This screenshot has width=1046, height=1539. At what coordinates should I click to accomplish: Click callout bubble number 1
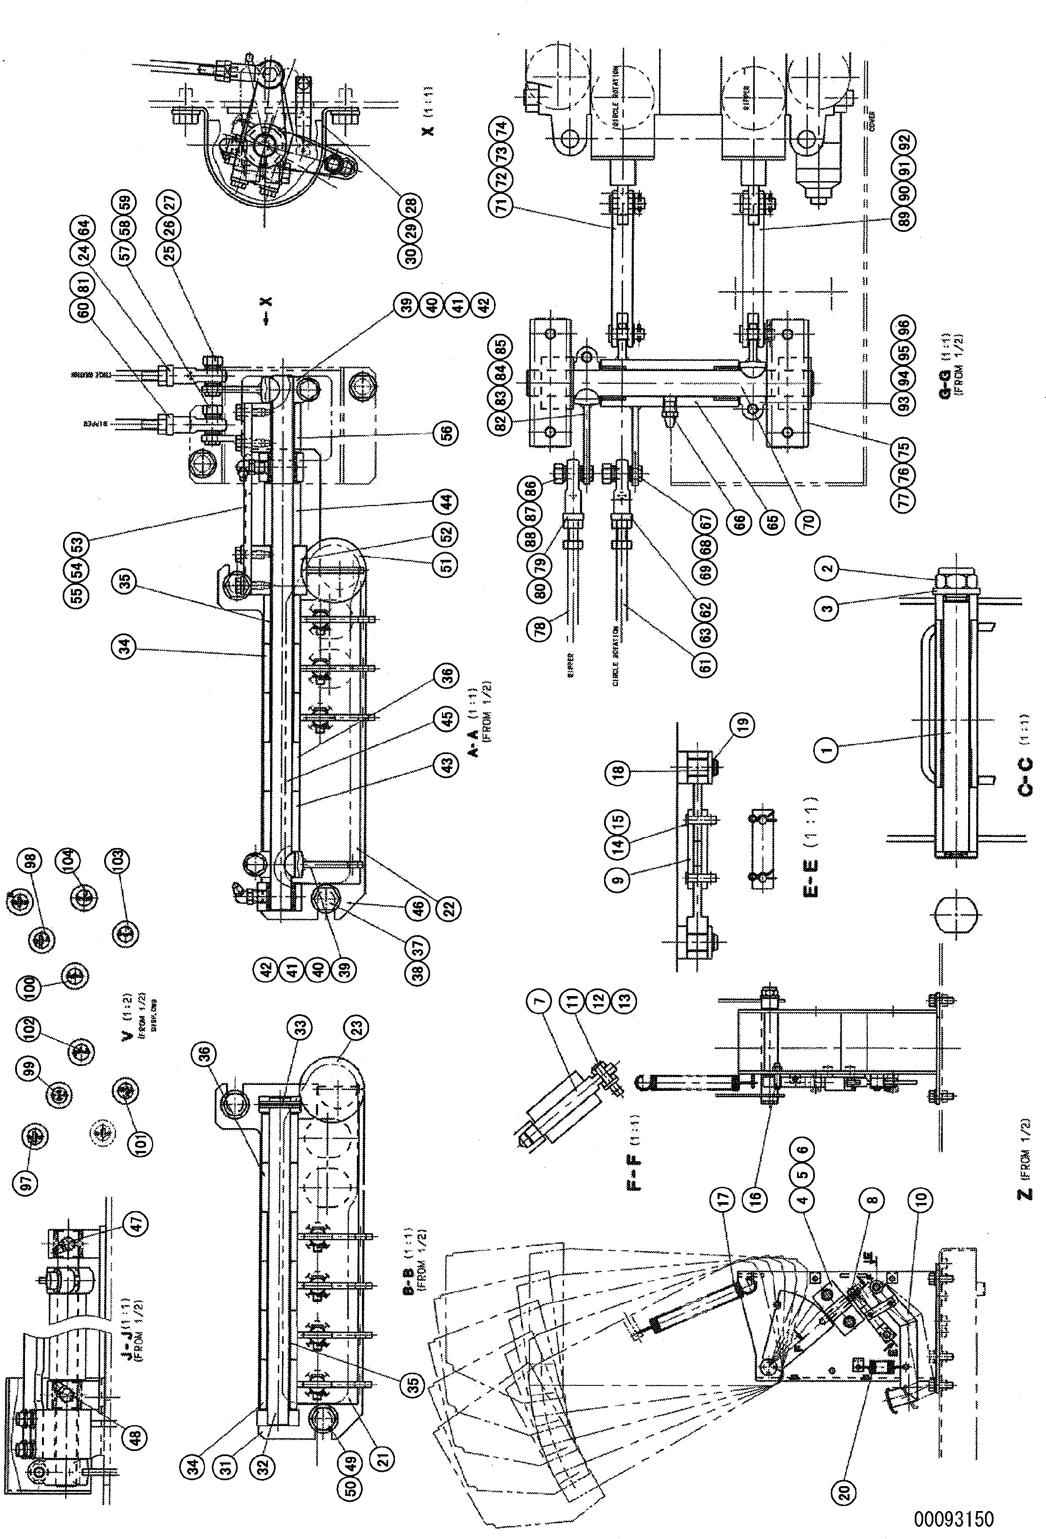(x=826, y=750)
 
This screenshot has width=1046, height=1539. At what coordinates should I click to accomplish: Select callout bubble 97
(x=29, y=1179)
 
